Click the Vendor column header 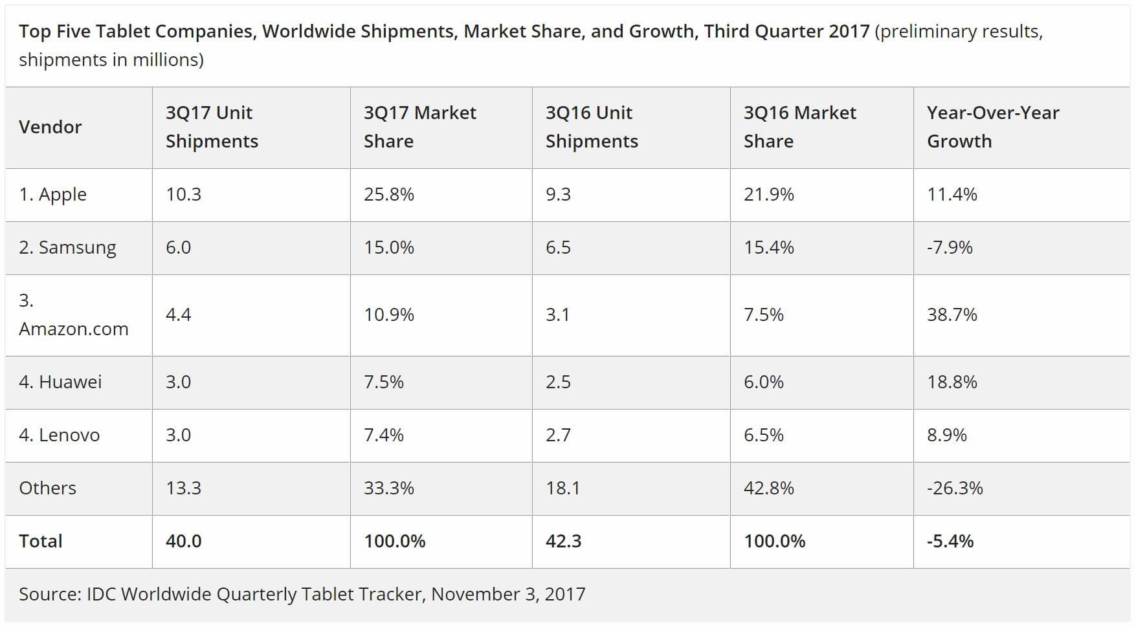[50, 127]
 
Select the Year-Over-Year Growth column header [992, 127]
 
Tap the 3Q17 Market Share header [419, 127]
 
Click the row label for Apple [52, 194]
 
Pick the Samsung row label [67, 247]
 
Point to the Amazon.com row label [73, 315]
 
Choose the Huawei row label [60, 382]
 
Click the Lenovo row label [59, 435]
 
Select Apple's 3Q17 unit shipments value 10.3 [183, 194]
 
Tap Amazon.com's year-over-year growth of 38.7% [952, 314]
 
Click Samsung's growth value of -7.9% [949, 247]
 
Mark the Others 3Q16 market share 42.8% [768, 488]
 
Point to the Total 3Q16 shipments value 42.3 [563, 541]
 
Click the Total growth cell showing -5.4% [950, 541]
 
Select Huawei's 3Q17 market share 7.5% [383, 382]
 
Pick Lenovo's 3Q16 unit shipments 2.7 [558, 435]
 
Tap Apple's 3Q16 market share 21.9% [768, 194]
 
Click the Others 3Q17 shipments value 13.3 [183, 488]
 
